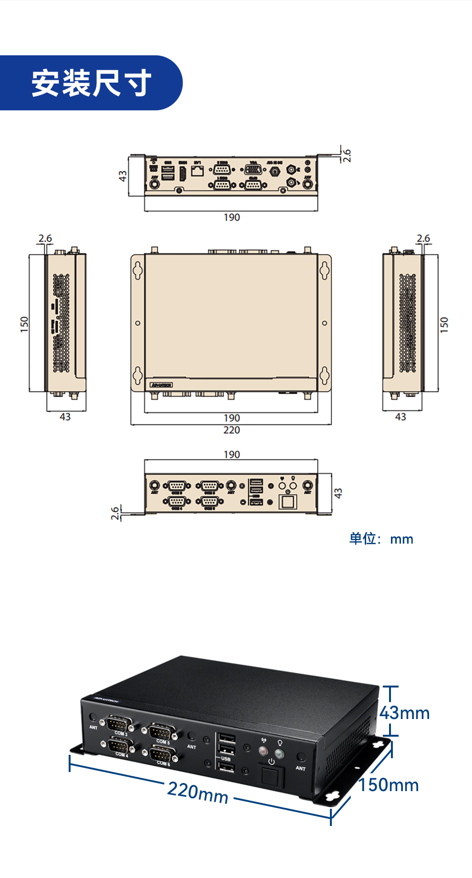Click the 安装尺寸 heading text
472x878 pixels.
tap(91, 83)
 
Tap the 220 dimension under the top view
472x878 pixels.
tap(232, 430)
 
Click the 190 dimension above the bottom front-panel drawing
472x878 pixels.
tap(232, 455)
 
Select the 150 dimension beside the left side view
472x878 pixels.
tap(24, 324)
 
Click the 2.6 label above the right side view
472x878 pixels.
tap(423, 238)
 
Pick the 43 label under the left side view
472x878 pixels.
tap(65, 417)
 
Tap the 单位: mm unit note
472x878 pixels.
tap(381, 539)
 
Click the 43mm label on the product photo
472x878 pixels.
tap(405, 713)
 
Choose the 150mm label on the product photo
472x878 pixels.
tap(389, 785)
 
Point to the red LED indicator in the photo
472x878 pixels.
tap(263, 751)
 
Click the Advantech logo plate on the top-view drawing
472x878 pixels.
tap(161, 385)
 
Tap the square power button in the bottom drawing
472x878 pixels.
tap(287, 502)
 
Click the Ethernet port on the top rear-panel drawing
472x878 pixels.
tap(197, 170)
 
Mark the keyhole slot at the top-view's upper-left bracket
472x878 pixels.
tap(137, 270)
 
